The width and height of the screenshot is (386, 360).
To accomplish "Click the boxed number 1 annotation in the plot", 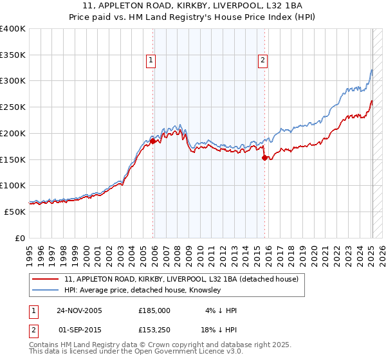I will pos(151,61).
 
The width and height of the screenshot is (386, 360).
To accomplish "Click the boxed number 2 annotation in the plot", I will pos(263,61).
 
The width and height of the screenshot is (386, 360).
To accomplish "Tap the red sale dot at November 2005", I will pos(152,141).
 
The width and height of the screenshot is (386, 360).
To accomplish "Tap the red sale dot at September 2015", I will pos(265,157).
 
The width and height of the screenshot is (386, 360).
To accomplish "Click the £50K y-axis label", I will pos(15,212).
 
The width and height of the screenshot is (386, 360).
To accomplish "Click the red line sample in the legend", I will pos(46,280).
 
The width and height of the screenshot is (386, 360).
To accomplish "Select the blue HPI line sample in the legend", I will pos(46,291).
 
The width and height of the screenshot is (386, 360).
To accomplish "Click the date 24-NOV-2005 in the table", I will pos(79,310).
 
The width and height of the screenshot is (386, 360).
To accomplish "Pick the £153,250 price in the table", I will pos(154,330).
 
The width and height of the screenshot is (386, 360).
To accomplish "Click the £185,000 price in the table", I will pos(154,310).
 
